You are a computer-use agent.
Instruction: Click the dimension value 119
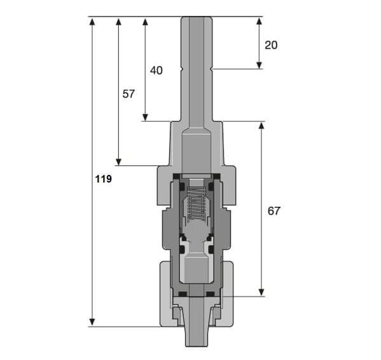[x=104, y=179]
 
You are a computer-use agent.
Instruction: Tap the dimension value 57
[x=128, y=94]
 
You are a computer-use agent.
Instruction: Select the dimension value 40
[x=156, y=71]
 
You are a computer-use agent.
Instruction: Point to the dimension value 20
[x=271, y=45]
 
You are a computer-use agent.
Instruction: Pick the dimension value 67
[x=274, y=211]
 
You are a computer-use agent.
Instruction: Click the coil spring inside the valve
[x=197, y=204]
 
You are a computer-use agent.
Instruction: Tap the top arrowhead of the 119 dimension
[x=92, y=22]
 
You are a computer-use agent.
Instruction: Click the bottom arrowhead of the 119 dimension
[x=92, y=322]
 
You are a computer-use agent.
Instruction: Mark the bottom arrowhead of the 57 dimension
[x=118, y=162]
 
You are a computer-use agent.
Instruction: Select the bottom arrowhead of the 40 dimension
[x=145, y=117]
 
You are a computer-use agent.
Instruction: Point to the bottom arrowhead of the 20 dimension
[x=260, y=65]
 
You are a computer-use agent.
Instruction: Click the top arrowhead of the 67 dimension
[x=261, y=126]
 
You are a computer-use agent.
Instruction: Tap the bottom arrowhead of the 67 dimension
[x=261, y=292]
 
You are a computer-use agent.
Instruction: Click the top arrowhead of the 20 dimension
[x=260, y=22]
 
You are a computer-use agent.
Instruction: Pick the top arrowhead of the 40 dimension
[x=145, y=22]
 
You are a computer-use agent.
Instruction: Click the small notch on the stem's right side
[x=211, y=69]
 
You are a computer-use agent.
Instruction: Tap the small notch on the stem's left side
[x=181, y=69]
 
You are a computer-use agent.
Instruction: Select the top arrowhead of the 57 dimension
[x=118, y=22]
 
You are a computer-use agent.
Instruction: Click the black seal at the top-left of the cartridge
[x=176, y=176]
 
